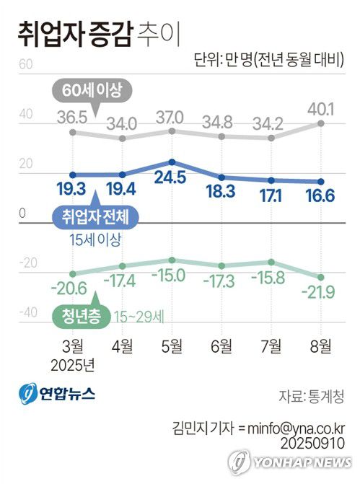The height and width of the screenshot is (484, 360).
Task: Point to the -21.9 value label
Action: [x=320, y=294]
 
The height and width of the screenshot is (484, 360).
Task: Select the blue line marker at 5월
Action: [x=172, y=162]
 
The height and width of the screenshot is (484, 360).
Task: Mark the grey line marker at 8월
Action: [x=320, y=124]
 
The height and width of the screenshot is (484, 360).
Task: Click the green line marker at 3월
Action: [x=73, y=273]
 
